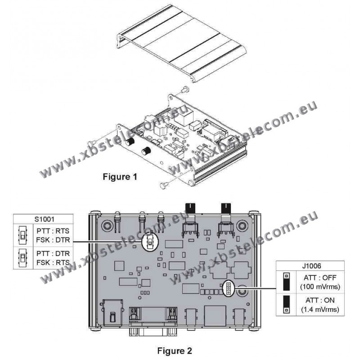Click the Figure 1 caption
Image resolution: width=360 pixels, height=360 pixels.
120,177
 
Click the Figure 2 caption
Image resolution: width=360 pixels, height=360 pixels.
175,351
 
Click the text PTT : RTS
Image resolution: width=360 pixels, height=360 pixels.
53,231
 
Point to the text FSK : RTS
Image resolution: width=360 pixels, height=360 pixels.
53,262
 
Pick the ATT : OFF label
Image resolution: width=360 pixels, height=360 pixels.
320,278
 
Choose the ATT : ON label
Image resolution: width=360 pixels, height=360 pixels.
320,300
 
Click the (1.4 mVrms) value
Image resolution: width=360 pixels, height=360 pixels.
320,310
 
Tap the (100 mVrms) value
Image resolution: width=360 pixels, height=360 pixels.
320,287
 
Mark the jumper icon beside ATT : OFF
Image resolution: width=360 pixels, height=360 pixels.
287,282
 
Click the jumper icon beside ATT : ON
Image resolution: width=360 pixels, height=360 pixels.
287,305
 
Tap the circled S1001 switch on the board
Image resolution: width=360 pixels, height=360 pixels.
150,242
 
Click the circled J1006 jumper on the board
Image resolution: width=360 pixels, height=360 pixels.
228,288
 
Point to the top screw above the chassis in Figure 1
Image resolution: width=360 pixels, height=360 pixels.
184,89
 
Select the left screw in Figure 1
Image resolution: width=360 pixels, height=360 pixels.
92,143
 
